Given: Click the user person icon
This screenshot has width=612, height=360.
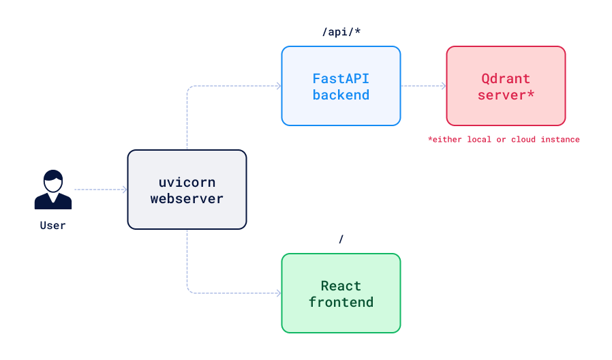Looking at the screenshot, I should (x=52, y=190).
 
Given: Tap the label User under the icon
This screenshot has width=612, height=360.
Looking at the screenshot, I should (x=52, y=225).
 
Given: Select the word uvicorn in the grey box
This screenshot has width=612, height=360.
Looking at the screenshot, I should (x=187, y=182).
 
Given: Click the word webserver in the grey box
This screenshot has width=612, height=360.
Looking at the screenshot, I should (x=187, y=198).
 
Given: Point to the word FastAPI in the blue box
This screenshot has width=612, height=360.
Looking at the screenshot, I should (x=341, y=78).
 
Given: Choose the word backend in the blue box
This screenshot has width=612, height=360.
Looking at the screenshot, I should (x=341, y=95).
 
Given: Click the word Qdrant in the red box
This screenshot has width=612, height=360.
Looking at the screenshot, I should (x=506, y=78).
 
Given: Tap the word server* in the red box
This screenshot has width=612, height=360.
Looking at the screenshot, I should (x=506, y=95).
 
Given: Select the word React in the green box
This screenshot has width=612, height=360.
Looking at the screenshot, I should (x=341, y=286).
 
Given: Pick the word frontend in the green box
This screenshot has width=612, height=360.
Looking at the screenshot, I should (x=341, y=302).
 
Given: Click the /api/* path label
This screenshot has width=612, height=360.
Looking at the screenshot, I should (x=341, y=32).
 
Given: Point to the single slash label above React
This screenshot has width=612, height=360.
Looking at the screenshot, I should (x=341, y=239).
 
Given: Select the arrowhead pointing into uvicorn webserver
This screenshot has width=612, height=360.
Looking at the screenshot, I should (x=124, y=190).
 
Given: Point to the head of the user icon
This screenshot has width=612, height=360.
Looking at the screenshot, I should (x=52, y=181).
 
